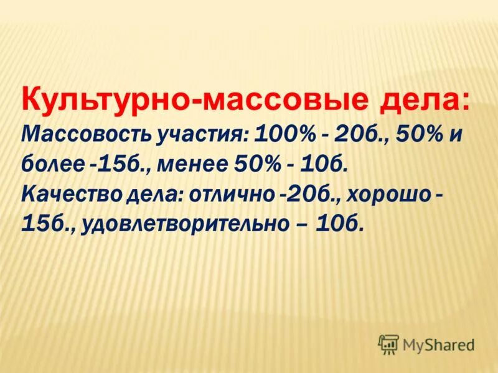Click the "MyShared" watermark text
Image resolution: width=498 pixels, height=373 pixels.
(x=438, y=343)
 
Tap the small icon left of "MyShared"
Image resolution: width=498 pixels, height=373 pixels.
(x=388, y=343)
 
